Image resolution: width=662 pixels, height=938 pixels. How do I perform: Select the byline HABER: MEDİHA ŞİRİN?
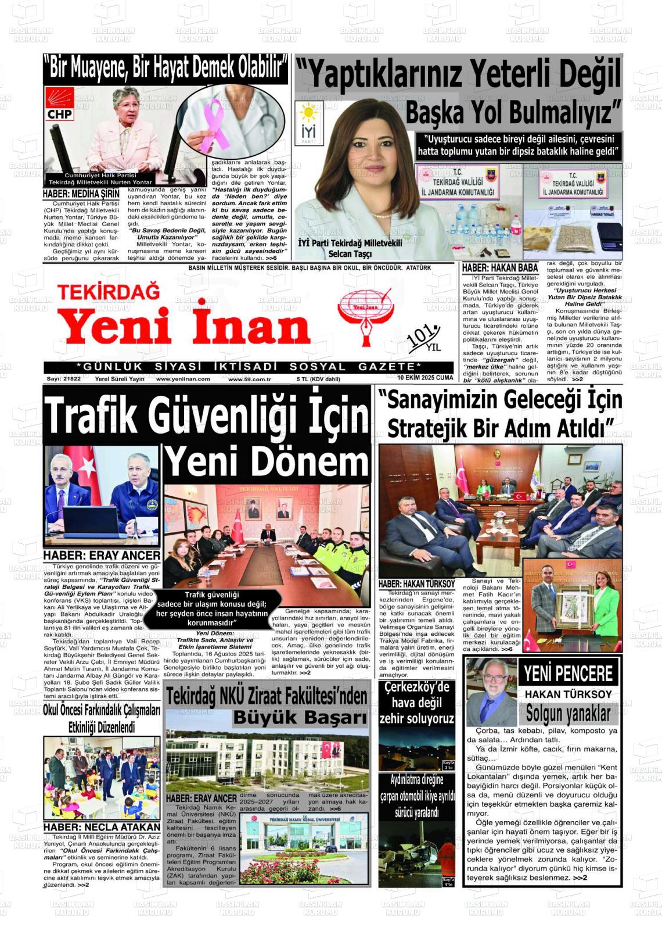[81, 194]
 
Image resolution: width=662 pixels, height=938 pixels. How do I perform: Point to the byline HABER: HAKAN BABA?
[499, 268]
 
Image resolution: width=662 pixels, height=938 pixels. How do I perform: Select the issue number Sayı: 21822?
[63, 379]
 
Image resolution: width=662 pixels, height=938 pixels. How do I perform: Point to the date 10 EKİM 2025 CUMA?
[425, 378]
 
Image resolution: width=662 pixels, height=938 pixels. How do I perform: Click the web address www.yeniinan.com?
[183, 379]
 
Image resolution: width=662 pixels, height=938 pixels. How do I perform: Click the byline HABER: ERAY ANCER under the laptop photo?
[102, 556]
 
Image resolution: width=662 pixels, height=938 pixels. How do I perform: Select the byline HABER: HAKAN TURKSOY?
[416, 583]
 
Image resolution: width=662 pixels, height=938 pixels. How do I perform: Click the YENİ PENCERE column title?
[568, 674]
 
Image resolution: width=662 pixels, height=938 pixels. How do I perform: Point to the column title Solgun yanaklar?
[568, 713]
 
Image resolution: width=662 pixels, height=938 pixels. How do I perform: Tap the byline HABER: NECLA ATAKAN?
[102, 826]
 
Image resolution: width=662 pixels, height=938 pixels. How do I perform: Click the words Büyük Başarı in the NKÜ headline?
[300, 718]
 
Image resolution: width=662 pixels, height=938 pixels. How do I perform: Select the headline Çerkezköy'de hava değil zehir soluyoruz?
[416, 703]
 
